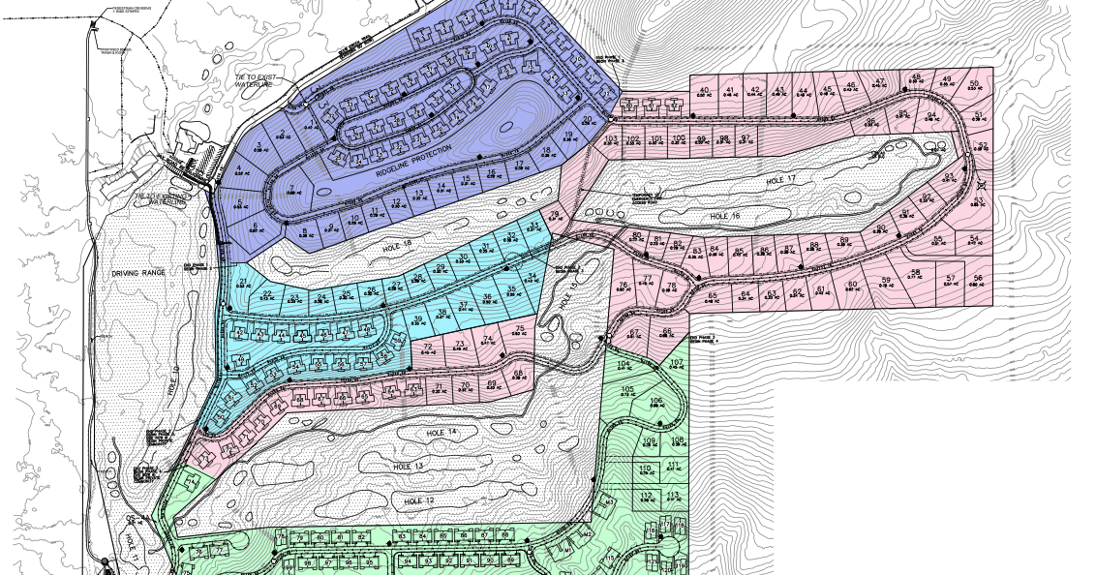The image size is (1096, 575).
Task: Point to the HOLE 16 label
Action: tap(723, 216)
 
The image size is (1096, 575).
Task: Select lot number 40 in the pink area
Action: tap(704, 90)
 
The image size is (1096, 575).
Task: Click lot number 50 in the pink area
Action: tap(973, 83)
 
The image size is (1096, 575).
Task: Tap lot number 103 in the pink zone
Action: tap(610, 139)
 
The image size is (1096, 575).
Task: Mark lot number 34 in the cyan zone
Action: tap(532, 276)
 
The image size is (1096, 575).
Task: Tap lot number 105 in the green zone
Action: tap(626, 389)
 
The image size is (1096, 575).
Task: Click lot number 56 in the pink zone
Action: tap(978, 278)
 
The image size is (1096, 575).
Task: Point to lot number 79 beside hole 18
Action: tap(555, 214)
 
